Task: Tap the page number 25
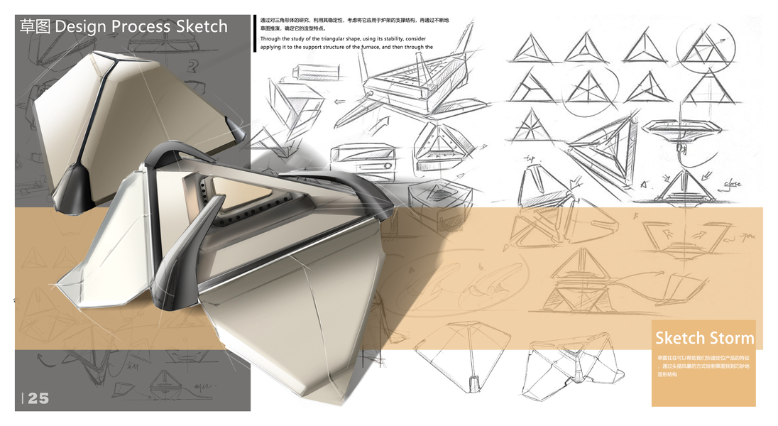[38, 398]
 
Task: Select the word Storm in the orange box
[731, 337]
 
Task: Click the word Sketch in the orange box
[680, 337]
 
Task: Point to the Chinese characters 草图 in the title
[35, 27]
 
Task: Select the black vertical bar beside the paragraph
[254, 33]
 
